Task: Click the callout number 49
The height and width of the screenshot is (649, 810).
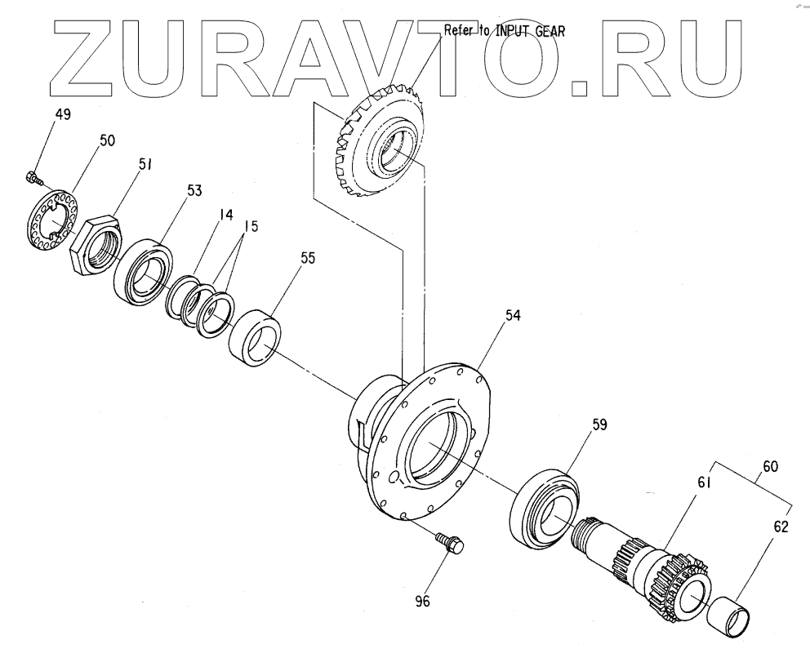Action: pyautogui.click(x=63, y=114)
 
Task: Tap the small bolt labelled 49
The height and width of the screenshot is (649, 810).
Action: pyautogui.click(x=31, y=176)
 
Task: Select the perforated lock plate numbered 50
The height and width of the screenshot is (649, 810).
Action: pyautogui.click(x=51, y=217)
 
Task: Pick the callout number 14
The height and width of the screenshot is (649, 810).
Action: pyautogui.click(x=225, y=215)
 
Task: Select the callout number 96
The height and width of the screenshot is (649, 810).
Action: pyautogui.click(x=421, y=602)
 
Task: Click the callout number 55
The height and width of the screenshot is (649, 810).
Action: pyautogui.click(x=284, y=257)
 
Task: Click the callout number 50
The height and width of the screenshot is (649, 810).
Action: pyautogui.click(x=107, y=140)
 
